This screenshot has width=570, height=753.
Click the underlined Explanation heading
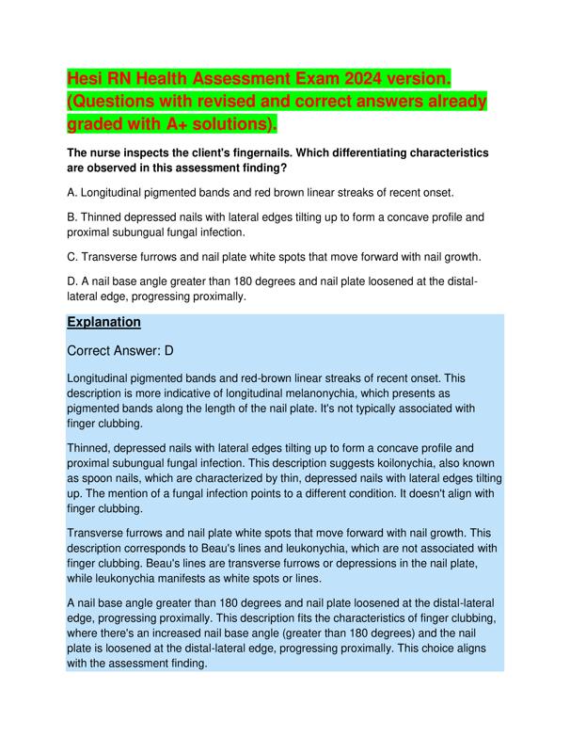pyautogui.click(x=104, y=322)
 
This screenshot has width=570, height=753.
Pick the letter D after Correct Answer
pyautogui.click(x=169, y=351)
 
